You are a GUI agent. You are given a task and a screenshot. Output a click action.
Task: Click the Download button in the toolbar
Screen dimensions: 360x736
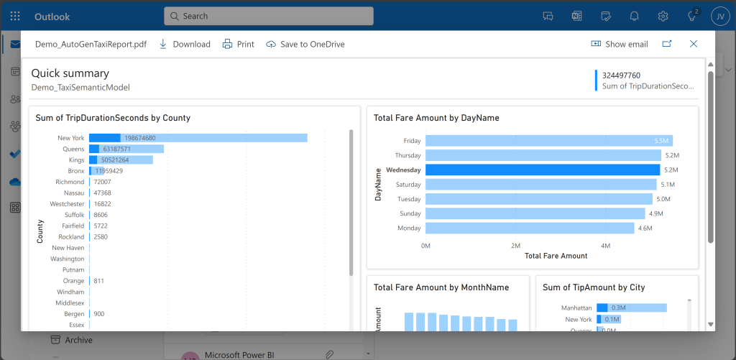184,44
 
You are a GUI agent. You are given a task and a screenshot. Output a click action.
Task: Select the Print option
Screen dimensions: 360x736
238,44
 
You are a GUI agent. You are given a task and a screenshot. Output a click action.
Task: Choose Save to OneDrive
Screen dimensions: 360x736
305,44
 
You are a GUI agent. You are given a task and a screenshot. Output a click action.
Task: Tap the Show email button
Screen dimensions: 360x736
619,44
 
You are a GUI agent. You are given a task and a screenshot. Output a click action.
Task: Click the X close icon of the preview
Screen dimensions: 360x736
694,44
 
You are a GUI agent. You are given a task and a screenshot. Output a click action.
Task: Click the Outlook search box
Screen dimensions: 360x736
269,16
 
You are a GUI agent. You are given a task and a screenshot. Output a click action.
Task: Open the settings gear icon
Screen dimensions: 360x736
663,16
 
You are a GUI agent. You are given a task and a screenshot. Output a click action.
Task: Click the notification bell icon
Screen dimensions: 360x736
635,16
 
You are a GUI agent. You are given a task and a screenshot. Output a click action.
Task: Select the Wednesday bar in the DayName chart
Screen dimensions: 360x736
543,170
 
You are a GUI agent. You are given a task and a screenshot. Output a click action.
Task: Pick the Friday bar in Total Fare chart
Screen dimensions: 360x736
548,141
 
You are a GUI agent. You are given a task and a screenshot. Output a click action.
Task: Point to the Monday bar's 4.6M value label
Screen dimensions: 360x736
645,229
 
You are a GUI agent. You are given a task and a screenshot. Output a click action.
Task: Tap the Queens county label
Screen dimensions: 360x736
73,149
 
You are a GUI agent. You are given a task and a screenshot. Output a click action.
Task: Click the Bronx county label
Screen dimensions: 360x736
75,171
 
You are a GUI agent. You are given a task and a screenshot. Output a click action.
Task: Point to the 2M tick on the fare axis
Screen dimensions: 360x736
515,246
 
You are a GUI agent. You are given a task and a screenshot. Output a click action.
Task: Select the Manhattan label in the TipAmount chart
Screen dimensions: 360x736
576,308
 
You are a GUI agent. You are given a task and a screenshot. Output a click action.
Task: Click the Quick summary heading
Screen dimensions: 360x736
70,73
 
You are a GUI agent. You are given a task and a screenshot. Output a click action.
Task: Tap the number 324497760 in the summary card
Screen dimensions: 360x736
621,75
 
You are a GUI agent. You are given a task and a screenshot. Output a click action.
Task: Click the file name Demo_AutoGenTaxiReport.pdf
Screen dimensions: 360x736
91,44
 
